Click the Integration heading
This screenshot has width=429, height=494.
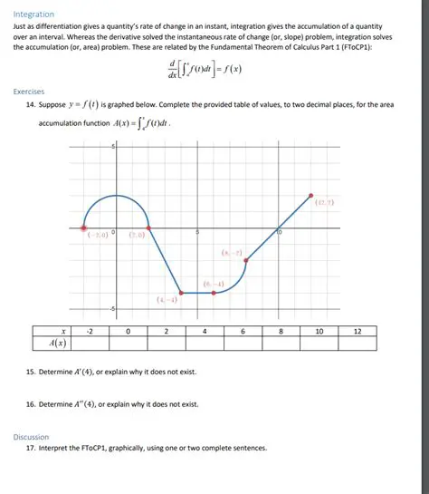coord(33,15)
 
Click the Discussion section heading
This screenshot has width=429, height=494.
coord(32,436)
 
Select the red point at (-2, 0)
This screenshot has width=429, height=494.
coord(84,228)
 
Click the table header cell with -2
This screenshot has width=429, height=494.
coord(90,332)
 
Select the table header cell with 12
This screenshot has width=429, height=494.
coord(357,332)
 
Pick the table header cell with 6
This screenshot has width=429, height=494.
coord(243,332)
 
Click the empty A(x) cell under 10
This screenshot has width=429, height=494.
coord(319,344)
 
